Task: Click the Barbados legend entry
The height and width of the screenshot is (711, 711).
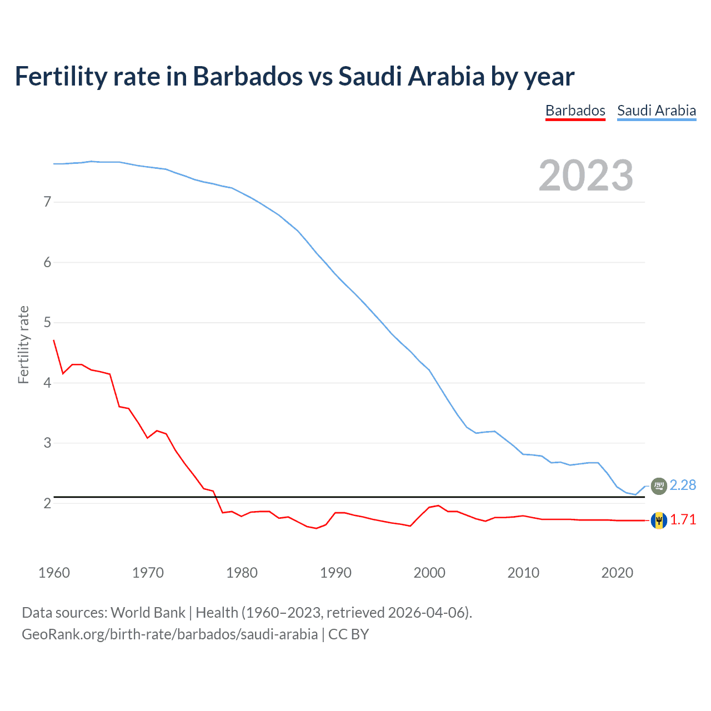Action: (x=575, y=111)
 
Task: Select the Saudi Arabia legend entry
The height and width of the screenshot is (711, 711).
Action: (x=656, y=111)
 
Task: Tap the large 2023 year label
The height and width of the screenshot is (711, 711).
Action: (x=585, y=176)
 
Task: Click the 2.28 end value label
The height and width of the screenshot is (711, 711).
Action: (x=683, y=485)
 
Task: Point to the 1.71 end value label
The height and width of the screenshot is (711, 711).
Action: (x=683, y=520)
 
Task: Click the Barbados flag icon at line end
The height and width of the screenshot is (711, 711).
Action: (x=659, y=520)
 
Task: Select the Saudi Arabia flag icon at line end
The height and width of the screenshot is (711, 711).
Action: (x=659, y=486)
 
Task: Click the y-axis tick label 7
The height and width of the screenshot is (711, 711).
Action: (x=47, y=202)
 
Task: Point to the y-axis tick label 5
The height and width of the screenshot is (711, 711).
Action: (x=47, y=323)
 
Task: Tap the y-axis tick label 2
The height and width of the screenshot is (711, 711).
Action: (x=47, y=504)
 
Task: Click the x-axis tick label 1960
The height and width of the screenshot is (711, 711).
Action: (x=54, y=573)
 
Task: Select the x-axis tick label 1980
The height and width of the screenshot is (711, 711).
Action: (x=242, y=573)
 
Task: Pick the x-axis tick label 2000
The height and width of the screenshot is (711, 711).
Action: (x=429, y=573)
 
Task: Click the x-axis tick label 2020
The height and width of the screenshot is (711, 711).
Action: (x=617, y=573)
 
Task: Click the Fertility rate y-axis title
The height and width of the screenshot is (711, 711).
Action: (x=23, y=344)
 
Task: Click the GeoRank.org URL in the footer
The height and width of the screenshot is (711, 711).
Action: (x=169, y=634)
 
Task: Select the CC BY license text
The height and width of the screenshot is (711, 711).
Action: (x=348, y=634)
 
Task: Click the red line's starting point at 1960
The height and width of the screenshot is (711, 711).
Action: (x=54, y=340)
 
